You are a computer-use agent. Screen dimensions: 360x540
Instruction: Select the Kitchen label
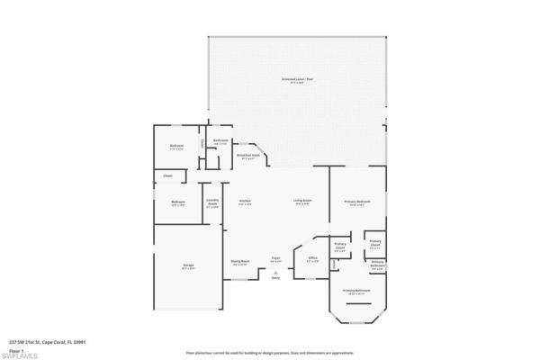pos(244,202)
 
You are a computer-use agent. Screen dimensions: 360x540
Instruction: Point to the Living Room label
pos(302,202)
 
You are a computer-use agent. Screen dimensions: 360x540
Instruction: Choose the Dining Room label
pos(240,264)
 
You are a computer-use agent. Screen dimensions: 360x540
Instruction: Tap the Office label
pos(313,257)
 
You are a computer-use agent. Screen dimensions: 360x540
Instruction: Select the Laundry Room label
pos(213,202)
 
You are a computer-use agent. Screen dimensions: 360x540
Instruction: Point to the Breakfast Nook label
pos(248,157)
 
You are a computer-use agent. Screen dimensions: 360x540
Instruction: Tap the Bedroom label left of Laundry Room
pos(178,202)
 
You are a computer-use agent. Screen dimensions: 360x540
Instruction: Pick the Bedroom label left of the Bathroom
pos(177,147)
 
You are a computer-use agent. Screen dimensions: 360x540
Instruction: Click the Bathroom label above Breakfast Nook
pos(220,142)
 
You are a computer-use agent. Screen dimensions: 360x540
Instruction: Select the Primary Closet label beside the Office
pos(341,246)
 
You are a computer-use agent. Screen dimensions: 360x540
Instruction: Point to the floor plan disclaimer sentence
pos(270,354)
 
